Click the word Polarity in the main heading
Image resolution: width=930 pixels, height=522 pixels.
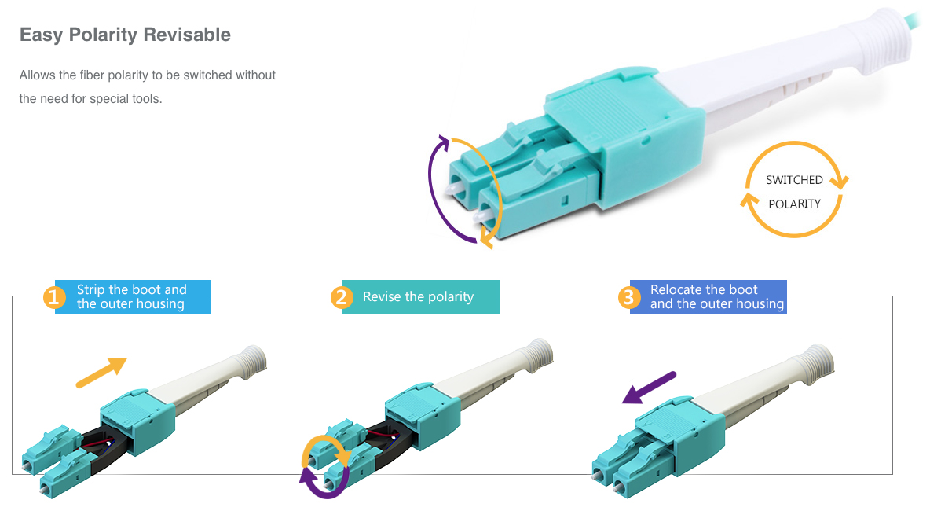[x=103, y=35]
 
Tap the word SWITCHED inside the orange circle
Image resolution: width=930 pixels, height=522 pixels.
[x=794, y=180]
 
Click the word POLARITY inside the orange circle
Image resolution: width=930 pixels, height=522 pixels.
[x=794, y=204]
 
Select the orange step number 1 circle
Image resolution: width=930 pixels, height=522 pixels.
[x=54, y=297]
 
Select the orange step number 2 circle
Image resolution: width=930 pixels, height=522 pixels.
[x=341, y=297]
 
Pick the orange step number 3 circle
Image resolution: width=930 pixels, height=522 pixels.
[x=628, y=297]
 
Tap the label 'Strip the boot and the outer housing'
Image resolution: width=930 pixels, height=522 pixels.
[x=133, y=297]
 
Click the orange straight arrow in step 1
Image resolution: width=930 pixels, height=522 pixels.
[x=101, y=373]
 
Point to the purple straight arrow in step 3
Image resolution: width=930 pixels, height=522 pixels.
[x=649, y=388]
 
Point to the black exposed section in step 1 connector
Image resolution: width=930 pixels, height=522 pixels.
[x=104, y=448]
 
